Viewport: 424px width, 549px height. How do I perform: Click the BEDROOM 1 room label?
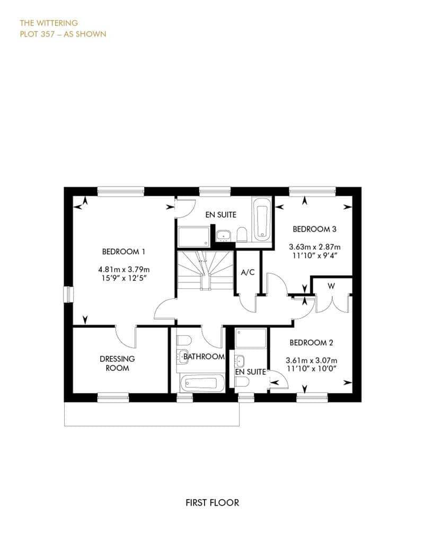click(x=123, y=251)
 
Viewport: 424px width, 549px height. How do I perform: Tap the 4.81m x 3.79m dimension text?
click(x=124, y=269)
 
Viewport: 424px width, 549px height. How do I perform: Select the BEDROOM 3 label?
click(x=314, y=229)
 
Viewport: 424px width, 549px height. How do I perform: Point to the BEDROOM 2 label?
click(x=311, y=342)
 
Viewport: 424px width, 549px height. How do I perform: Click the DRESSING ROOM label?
click(x=117, y=364)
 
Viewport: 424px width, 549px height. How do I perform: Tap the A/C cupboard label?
click(x=248, y=272)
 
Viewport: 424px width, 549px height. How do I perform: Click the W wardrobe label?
click(x=331, y=286)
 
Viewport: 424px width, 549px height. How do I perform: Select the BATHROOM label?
click(x=204, y=357)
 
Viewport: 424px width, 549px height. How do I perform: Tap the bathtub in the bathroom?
click(x=202, y=383)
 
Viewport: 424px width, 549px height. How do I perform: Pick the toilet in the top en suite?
click(x=242, y=235)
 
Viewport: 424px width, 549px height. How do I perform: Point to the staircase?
click(x=205, y=270)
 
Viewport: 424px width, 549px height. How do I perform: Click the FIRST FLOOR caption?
click(x=212, y=503)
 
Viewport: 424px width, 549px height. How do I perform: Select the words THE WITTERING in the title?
click(x=49, y=23)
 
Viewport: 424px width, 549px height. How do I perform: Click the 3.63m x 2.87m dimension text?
click(x=315, y=247)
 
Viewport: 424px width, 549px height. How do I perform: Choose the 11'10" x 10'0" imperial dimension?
click(x=312, y=368)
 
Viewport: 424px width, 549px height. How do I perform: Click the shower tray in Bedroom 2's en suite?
click(x=251, y=338)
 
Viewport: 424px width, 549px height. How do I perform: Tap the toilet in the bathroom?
click(x=184, y=340)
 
